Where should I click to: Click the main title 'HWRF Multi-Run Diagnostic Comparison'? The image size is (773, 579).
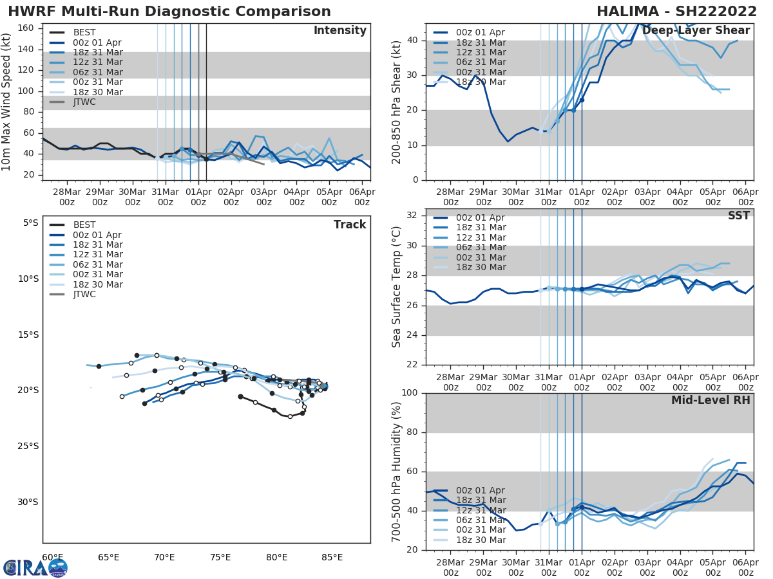point(169,12)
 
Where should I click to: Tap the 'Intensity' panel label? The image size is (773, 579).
point(340,31)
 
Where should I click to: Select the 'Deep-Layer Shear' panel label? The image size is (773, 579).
point(696,31)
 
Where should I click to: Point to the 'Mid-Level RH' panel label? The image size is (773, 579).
point(711,400)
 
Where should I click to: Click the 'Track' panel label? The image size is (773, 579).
point(350,225)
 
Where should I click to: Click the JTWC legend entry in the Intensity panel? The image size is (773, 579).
point(84,102)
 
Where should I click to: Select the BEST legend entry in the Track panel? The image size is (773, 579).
point(84,225)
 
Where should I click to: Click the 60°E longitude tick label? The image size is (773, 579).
point(52,557)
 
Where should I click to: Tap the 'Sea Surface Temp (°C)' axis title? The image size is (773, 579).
point(397,286)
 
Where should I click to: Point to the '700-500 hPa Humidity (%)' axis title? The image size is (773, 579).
point(397,472)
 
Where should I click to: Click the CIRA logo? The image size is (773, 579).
point(35,567)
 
